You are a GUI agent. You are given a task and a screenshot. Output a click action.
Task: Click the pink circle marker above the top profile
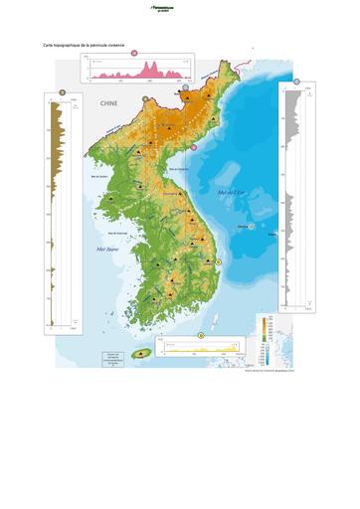click(134, 52)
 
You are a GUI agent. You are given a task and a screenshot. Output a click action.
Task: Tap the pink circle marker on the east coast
click(194, 146)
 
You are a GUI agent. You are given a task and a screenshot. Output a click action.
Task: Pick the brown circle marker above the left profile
click(63, 91)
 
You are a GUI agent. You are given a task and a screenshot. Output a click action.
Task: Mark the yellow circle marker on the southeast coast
click(218, 260)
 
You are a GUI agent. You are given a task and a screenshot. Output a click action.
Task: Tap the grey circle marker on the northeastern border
click(185, 87)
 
